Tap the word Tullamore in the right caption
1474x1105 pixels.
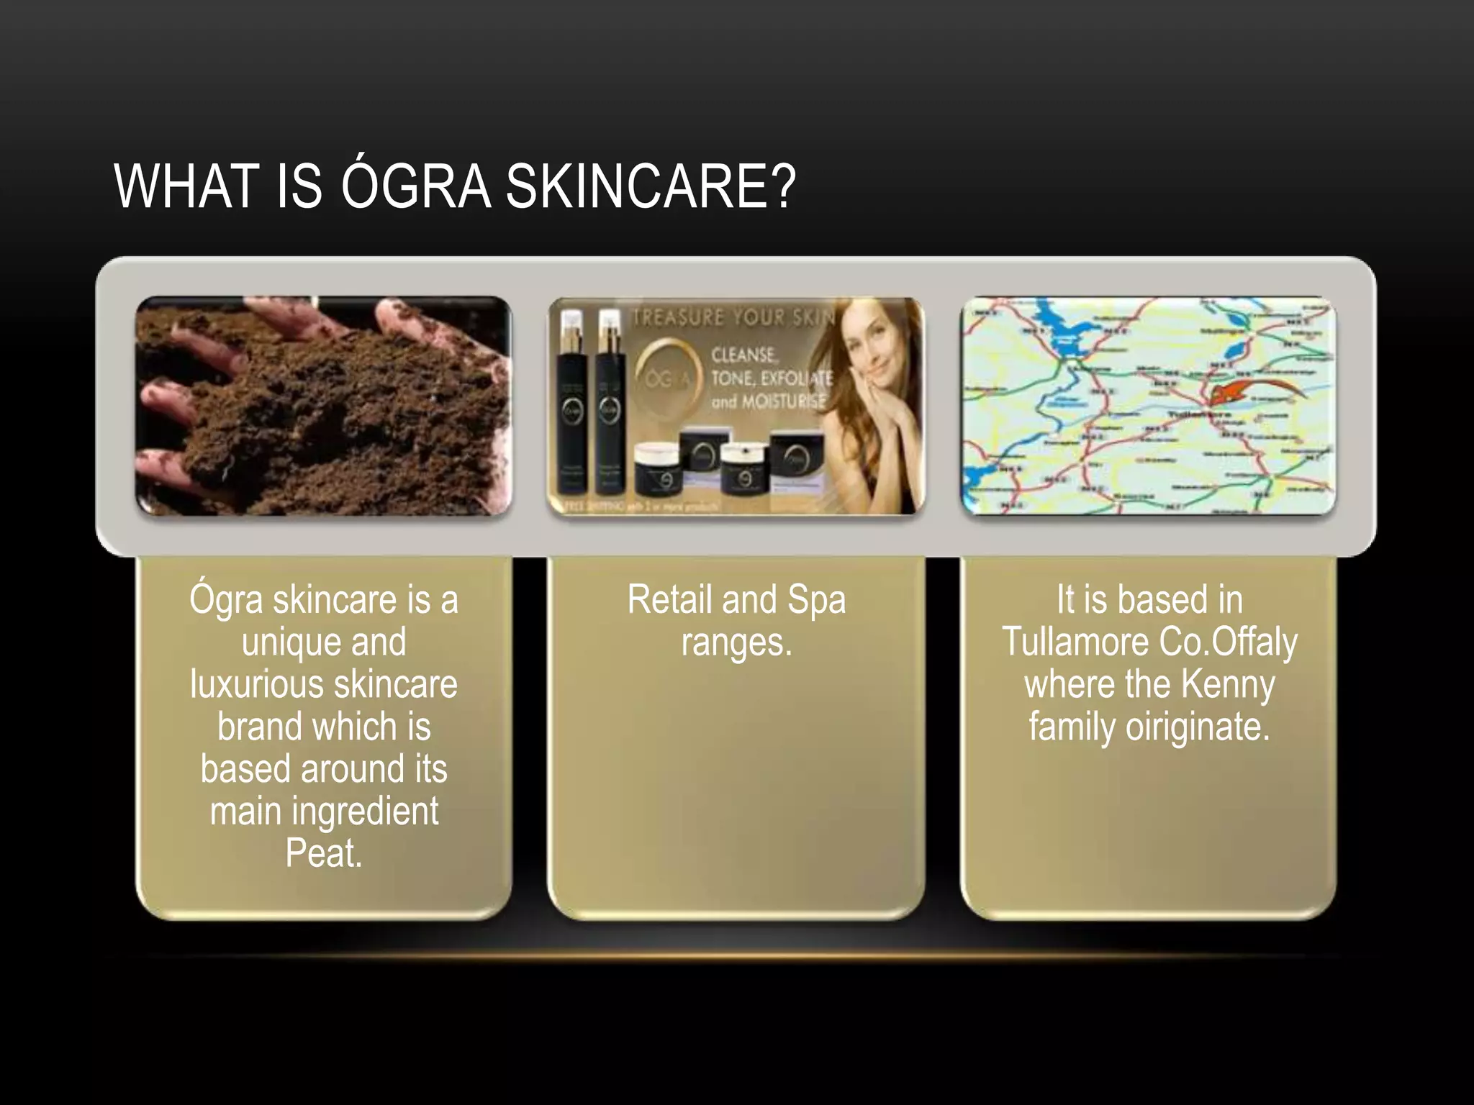(1075, 642)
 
